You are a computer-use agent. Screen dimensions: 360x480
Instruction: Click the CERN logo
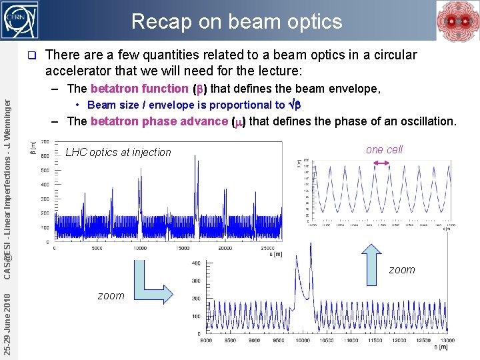21,20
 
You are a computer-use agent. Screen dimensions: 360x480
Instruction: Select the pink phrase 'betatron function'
139,89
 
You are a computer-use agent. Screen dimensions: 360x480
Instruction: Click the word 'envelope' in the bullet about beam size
175,105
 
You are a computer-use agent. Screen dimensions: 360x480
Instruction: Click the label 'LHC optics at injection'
118,152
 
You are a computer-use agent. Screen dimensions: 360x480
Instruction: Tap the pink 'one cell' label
384,149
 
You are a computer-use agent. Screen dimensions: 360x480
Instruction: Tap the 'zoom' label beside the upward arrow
401,269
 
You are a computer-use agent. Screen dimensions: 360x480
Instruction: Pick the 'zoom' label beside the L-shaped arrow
111,295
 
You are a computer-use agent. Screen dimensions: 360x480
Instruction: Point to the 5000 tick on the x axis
97,248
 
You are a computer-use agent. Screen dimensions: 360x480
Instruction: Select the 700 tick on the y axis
44,142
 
